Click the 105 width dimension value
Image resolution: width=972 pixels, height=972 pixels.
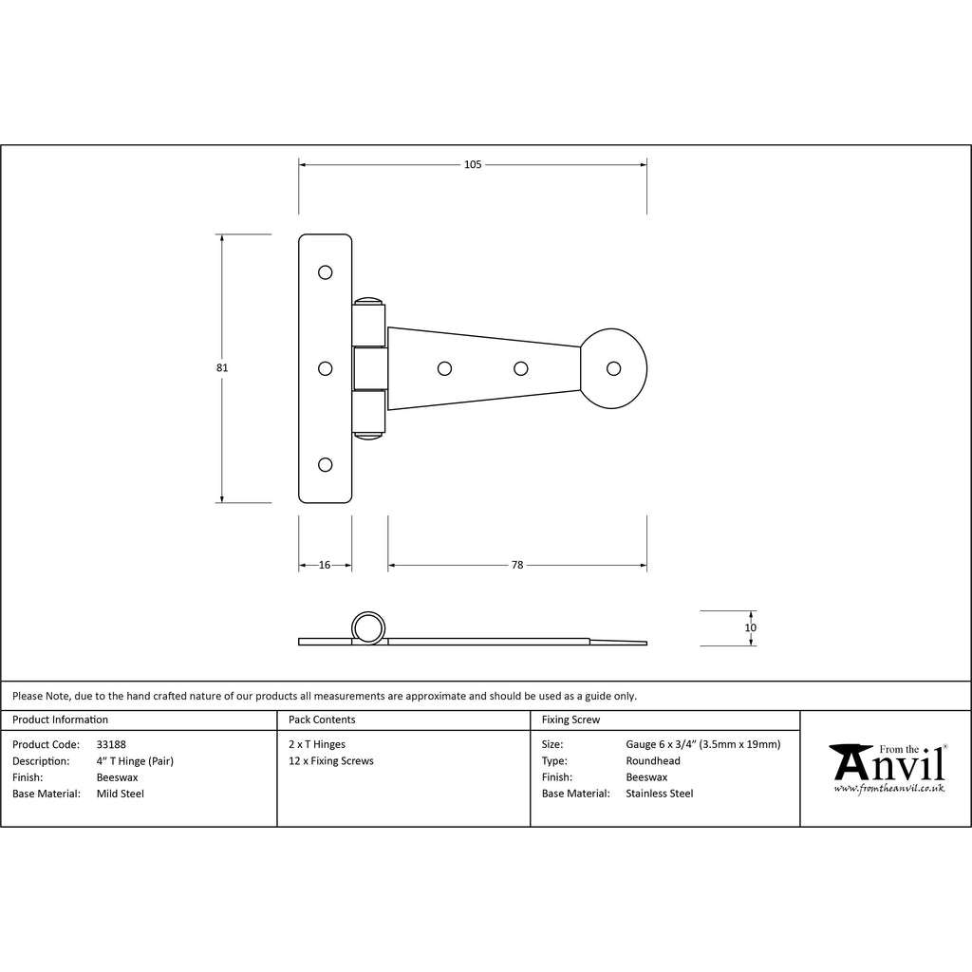point(473,164)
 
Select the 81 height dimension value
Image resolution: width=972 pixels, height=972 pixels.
point(222,367)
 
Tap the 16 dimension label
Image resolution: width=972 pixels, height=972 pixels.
point(325,565)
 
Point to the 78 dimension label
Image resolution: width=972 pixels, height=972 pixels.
point(517,565)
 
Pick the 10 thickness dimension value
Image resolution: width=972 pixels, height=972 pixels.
point(750,627)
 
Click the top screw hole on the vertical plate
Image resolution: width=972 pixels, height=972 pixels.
point(325,272)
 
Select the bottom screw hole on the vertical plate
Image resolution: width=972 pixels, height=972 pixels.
point(325,464)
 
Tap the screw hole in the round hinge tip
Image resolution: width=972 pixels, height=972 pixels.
point(614,368)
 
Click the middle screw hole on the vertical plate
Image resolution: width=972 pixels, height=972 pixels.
point(325,368)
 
